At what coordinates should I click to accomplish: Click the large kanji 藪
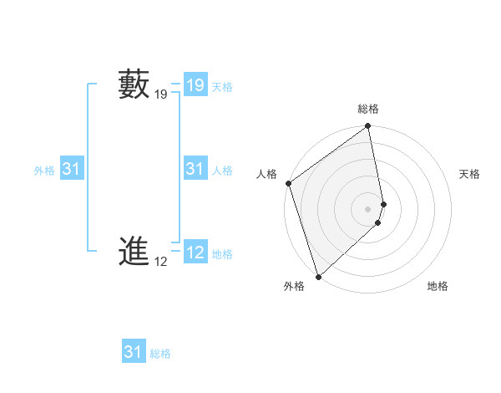(134, 84)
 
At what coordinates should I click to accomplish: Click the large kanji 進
(134, 251)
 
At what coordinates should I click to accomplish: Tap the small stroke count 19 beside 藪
(161, 95)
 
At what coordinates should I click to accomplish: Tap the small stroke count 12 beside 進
(161, 262)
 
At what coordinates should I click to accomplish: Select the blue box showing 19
(195, 84)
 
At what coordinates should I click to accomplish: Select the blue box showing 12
(195, 253)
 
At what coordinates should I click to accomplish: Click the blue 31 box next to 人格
(195, 169)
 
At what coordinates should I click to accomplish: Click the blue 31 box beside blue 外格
(72, 169)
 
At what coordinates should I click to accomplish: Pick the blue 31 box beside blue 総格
(134, 352)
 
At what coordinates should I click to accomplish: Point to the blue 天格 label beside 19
(222, 87)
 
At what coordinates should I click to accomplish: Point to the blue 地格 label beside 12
(222, 254)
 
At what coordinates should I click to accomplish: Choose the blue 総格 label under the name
(160, 354)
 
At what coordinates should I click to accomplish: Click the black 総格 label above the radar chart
(368, 109)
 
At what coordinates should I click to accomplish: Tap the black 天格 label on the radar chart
(470, 174)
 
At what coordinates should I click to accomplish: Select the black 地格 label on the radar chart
(438, 286)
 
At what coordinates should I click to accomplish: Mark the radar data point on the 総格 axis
(368, 127)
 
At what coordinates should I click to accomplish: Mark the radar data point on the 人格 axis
(288, 183)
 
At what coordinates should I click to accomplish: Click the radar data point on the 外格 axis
(318, 275)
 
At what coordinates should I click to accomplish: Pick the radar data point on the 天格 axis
(384, 203)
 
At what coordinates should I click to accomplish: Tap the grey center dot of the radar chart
(368, 208)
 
